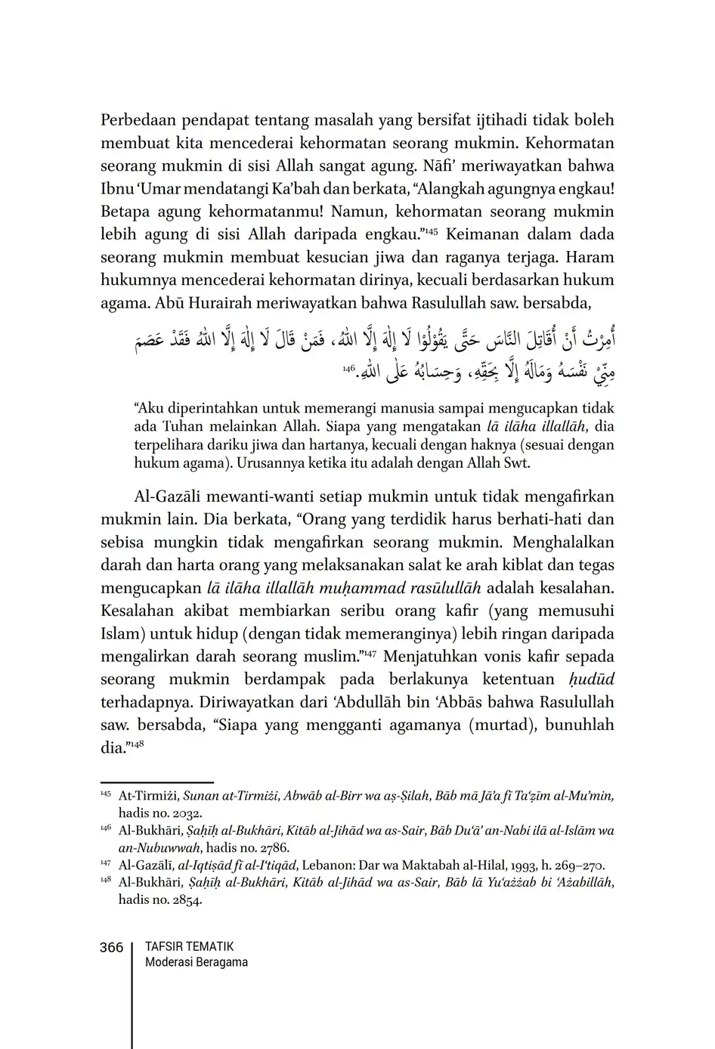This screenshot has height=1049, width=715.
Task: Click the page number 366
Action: pos(111,947)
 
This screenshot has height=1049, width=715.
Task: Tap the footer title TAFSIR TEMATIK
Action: pos(189,946)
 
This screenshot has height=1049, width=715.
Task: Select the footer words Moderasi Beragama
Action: pos(196,962)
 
